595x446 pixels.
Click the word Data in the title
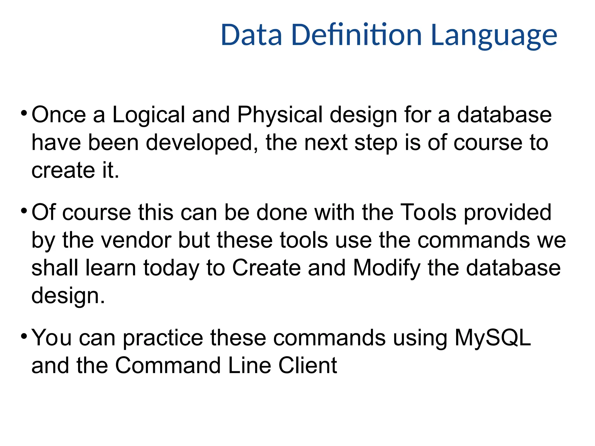point(251,35)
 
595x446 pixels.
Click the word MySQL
point(493,338)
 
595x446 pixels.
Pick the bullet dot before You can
point(24,336)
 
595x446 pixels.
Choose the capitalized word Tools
point(428,213)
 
